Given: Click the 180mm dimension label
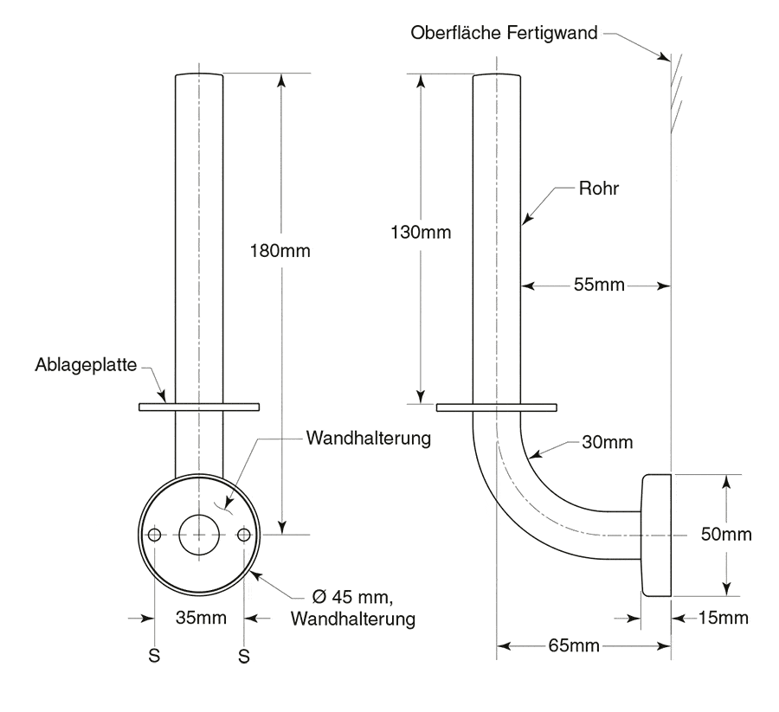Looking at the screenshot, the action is (x=280, y=251).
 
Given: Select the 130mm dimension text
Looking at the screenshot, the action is (x=421, y=232).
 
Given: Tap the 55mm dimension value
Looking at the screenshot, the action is (x=599, y=285).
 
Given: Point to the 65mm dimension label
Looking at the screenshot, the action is (x=574, y=645).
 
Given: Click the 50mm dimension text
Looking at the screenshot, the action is (x=726, y=535).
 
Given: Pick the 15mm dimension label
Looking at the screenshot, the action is (x=724, y=618).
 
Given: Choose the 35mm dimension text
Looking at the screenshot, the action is (x=201, y=618).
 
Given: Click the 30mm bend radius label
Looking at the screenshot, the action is (x=608, y=442).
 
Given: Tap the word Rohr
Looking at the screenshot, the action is (x=599, y=189).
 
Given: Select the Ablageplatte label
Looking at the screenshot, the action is (x=86, y=365).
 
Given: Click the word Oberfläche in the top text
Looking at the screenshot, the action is (x=456, y=33).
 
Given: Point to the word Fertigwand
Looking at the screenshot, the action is (x=552, y=33).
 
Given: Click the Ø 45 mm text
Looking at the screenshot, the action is (x=352, y=596).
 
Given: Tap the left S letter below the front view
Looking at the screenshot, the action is (x=154, y=656).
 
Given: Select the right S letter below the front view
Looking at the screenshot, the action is (x=244, y=657).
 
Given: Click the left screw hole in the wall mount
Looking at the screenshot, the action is (x=155, y=535).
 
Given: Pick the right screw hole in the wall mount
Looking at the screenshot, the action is (x=244, y=535).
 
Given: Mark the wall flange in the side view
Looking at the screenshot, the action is (x=656, y=535).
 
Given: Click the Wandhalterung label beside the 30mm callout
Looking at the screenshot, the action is (x=369, y=439).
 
